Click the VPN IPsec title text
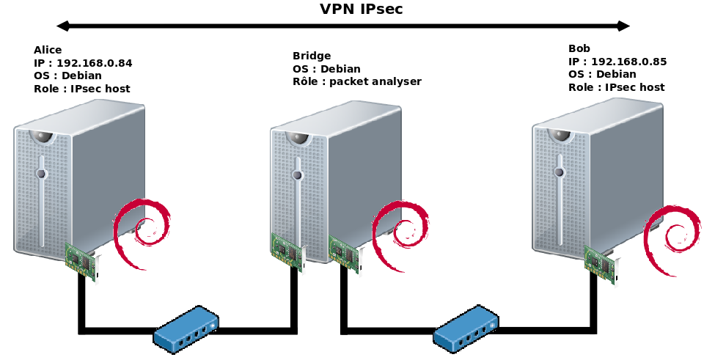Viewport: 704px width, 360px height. coord(361,10)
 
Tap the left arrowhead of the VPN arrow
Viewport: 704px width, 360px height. coord(63,26)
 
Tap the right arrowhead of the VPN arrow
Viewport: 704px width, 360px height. coord(623,26)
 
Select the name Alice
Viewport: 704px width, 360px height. coord(48,50)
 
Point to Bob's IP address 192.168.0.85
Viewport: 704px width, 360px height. coord(628,62)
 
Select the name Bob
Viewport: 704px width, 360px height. coord(579,49)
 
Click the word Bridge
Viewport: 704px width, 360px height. coord(312,56)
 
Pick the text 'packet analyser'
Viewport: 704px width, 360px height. coord(375,81)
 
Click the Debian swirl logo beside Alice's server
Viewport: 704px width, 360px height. coord(142,228)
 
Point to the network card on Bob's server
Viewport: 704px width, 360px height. coord(601,262)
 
